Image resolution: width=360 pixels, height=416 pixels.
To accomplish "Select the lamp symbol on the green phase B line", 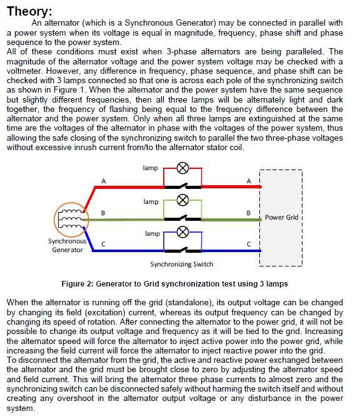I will point(183,200).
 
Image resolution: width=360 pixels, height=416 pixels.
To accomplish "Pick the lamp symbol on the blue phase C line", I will point(183,231).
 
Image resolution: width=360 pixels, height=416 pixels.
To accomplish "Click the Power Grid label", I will point(282,218).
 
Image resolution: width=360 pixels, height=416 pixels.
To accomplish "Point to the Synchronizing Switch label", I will point(182,265).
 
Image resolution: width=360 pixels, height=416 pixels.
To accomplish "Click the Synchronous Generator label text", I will point(67,245).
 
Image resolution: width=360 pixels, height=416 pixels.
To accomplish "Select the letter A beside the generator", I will point(104,181).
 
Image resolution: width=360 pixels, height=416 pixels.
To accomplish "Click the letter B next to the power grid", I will point(249,213).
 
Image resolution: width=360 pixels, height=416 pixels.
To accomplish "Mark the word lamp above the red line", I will point(151,168).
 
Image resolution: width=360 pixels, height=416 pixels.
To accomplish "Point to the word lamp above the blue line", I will point(152,233).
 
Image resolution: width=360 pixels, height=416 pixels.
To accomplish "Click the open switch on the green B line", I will point(182,216).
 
